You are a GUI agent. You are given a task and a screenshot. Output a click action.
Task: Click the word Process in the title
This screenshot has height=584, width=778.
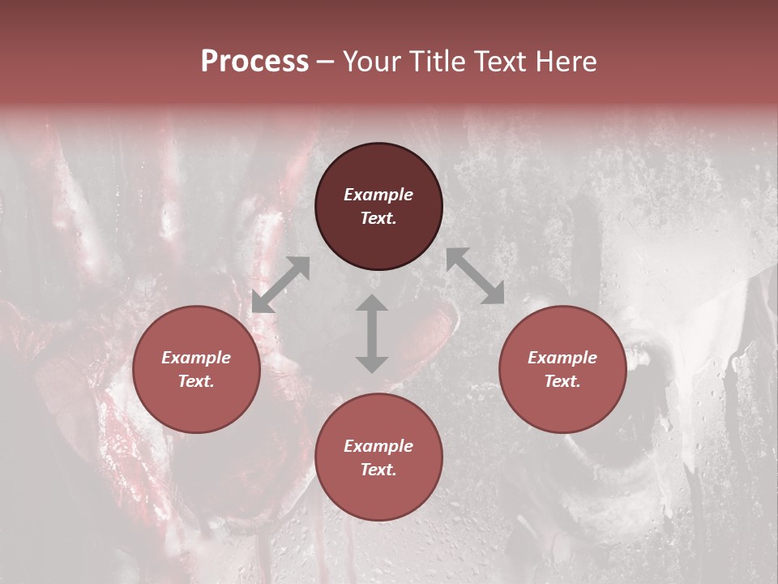click(x=254, y=62)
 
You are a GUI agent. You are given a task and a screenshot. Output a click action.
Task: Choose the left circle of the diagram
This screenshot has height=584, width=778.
click(x=196, y=370)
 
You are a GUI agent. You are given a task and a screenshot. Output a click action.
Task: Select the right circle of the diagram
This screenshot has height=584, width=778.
click(x=562, y=370)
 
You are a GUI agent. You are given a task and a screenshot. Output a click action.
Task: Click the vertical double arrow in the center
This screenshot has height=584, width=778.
click(x=372, y=333)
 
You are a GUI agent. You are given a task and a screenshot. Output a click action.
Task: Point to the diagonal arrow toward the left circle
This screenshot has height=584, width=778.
click(x=280, y=285)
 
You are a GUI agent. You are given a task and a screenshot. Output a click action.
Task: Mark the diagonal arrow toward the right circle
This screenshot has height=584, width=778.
click(x=475, y=276)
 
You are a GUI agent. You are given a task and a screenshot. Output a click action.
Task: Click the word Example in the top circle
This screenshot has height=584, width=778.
click(x=378, y=195)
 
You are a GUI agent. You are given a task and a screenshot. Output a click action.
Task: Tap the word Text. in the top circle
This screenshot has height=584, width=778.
click(x=378, y=218)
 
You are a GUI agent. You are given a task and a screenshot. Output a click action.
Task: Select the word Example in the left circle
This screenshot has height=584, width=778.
click(x=196, y=358)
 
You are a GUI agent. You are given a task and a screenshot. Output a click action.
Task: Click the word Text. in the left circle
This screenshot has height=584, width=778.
click(x=196, y=381)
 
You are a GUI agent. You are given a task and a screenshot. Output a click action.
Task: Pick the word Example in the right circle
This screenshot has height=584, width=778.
click(x=562, y=358)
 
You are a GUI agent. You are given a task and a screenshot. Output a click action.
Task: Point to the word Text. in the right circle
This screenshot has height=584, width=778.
click(x=562, y=381)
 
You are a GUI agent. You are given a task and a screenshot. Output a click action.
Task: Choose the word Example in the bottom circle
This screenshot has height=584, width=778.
click(x=378, y=446)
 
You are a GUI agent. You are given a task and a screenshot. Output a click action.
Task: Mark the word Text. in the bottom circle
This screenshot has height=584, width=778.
click(x=378, y=470)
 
